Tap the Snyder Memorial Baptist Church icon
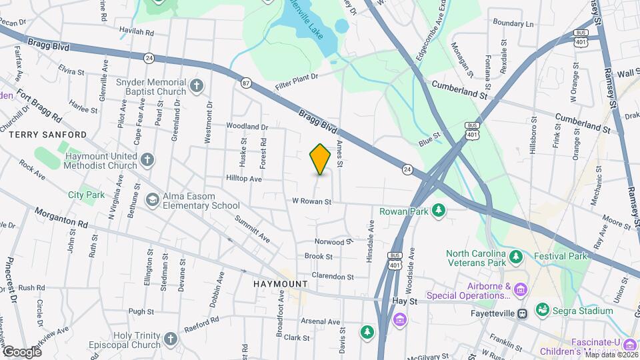click(x=196, y=85)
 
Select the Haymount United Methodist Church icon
click(x=147, y=160)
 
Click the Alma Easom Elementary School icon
click(x=153, y=200)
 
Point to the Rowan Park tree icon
click(x=439, y=211)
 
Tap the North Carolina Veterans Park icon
click(x=515, y=257)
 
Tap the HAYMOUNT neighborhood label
click(x=281, y=284)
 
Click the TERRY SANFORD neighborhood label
click(x=47, y=134)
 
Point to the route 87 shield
click(x=247, y=83)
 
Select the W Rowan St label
click(x=311, y=201)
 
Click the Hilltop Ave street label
click(x=244, y=179)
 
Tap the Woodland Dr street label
click(x=247, y=126)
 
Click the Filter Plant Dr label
click(x=298, y=77)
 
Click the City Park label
click(x=87, y=195)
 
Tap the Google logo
click(x=21, y=351)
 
